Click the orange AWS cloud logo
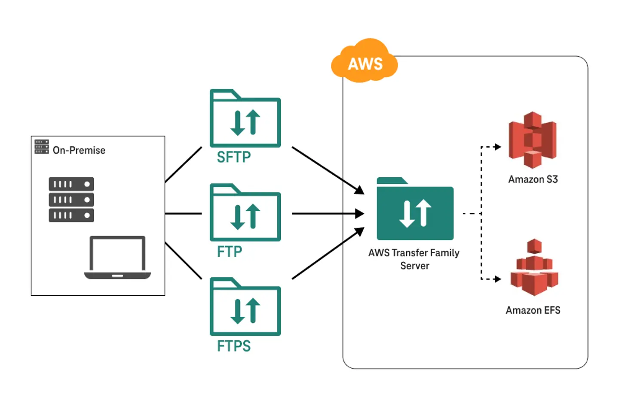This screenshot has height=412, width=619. point(365,62)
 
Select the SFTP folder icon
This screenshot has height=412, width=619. point(245,119)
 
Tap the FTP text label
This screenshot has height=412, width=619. point(230,251)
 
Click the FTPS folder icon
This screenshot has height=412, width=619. point(245,308)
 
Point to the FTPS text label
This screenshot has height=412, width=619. point(233,346)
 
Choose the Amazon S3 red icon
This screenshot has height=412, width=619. point(533,139)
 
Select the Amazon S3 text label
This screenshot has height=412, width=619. point(533,179)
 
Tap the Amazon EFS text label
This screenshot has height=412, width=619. point(533,310)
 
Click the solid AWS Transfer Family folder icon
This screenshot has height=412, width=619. point(415,210)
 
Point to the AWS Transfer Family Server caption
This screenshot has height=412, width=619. point(414,259)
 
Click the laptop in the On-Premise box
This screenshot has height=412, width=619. point(117,257)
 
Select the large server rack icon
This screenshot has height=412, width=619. point(71,200)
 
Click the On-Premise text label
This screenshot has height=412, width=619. point(79,150)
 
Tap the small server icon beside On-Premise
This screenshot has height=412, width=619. point(42,147)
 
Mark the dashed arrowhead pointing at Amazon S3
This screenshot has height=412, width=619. point(498,147)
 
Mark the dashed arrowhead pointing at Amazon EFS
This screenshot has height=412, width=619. point(498,279)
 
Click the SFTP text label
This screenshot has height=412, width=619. point(233,157)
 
